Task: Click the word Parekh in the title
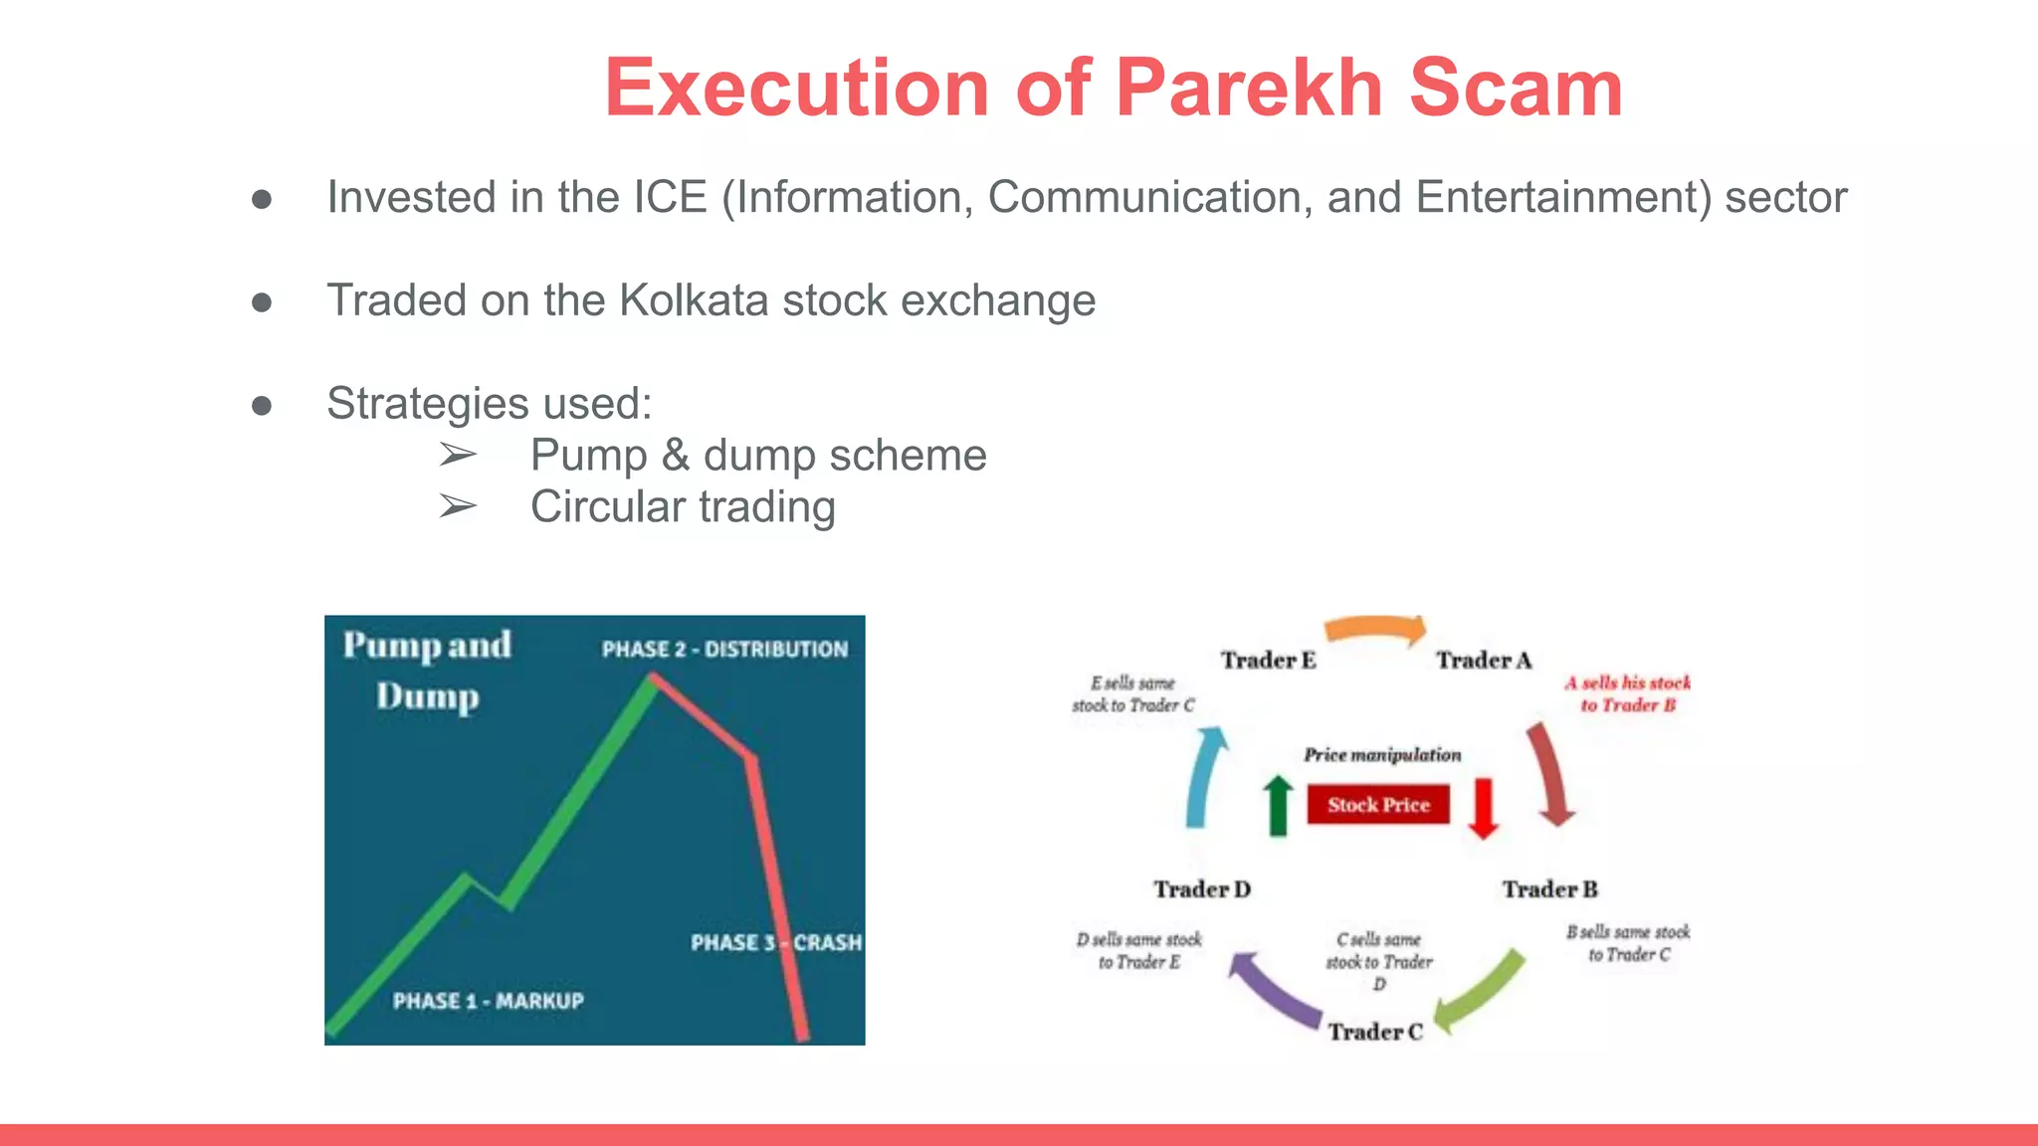tap(1250, 88)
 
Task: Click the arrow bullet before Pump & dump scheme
tap(458, 456)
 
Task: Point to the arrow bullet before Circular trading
tap(458, 507)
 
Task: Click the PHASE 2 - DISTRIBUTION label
tap(724, 650)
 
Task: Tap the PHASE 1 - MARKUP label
tap(488, 1001)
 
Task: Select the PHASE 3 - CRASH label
tap(776, 942)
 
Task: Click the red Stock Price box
tap(1378, 805)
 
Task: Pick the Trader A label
tap(1484, 661)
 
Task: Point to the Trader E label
tap(1269, 661)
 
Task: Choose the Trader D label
tap(1202, 889)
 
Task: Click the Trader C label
tap(1375, 1032)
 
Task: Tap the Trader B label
tap(1550, 889)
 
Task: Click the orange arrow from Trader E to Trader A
tap(1375, 630)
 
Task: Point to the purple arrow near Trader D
tap(1274, 991)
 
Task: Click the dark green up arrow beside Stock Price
tap(1278, 805)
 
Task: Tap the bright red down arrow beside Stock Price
tap(1483, 807)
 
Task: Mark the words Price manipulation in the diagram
tap(1382, 755)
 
